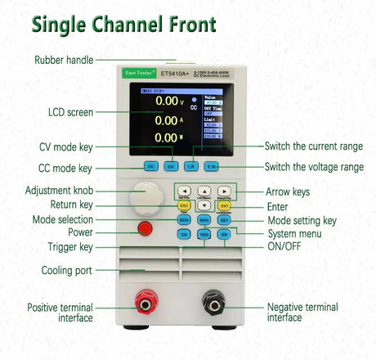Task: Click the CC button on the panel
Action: [x=150, y=166]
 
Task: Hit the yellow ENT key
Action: [x=224, y=205]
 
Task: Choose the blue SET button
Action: [x=224, y=220]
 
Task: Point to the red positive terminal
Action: [x=145, y=305]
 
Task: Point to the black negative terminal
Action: [x=214, y=305]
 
